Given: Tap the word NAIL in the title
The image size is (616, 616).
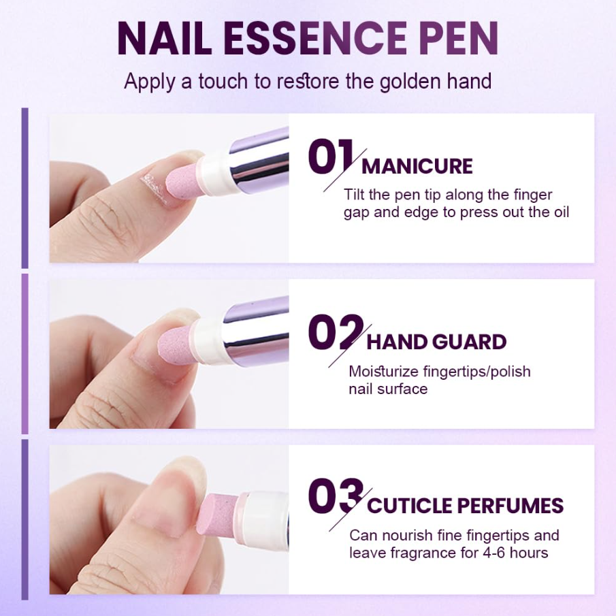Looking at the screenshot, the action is [164, 39].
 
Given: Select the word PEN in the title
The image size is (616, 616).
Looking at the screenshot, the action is [459, 39].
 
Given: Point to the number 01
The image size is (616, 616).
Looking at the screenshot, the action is [330, 157].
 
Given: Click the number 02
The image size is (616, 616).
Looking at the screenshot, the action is [336, 332].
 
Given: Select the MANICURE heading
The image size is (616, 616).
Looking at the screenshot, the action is [417, 166].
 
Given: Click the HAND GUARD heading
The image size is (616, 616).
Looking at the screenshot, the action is [436, 342].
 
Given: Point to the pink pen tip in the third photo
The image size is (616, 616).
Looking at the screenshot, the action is [218, 515].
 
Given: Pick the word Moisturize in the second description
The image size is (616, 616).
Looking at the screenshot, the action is [386, 371].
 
